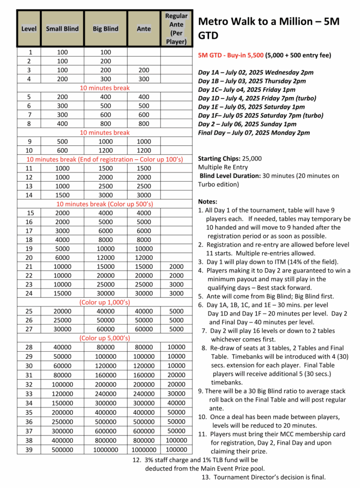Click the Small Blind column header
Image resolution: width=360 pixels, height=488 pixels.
coord(62,29)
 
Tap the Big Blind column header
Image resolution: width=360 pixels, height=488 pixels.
coord(105,29)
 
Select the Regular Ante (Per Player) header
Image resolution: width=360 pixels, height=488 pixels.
coord(176,29)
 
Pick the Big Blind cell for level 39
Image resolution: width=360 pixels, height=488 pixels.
coord(105,449)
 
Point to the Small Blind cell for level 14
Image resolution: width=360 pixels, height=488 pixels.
coord(62,195)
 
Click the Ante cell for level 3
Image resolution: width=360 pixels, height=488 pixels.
coord(144,70)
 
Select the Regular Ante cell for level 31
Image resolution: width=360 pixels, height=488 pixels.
coord(176,375)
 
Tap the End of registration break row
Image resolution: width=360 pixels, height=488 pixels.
coord(105,159)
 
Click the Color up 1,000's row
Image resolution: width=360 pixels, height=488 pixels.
coord(105,302)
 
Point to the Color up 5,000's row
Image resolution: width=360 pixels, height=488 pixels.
coord(105,338)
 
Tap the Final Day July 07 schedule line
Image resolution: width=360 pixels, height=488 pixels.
coord(254,132)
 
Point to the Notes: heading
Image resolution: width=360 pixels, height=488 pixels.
coord(208,202)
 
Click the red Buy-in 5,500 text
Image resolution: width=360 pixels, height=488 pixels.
coord(231,55)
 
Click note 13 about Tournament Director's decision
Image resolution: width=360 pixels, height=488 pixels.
coord(264,477)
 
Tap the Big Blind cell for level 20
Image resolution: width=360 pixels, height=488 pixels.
coord(105,257)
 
